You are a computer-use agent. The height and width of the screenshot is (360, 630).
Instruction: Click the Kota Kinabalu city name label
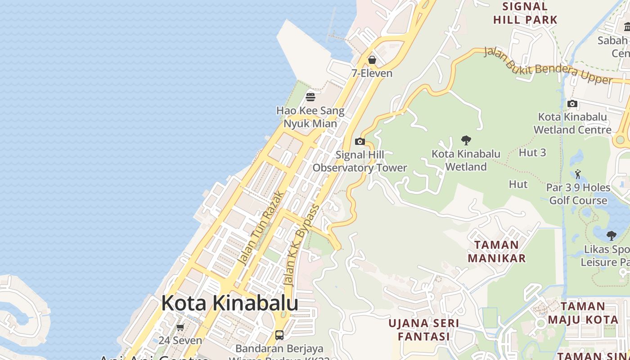[229, 303]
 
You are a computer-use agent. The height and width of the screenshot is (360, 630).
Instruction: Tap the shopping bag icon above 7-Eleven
[372, 60]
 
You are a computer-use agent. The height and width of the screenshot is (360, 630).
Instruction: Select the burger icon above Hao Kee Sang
[310, 97]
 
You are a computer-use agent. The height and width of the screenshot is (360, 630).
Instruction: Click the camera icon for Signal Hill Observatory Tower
[360, 142]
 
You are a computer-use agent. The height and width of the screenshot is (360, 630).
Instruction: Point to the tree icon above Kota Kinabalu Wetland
[466, 140]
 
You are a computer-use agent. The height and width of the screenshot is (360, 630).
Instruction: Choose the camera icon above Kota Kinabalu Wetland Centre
[572, 104]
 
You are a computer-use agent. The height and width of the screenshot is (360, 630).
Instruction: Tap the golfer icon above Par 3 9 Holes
[578, 174]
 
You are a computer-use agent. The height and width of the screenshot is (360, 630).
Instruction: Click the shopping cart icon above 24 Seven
[180, 327]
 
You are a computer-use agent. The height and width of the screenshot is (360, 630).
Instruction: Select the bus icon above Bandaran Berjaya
[279, 335]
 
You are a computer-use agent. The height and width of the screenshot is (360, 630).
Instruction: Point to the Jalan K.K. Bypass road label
[302, 245]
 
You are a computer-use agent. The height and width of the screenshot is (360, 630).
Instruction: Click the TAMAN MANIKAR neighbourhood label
[497, 252]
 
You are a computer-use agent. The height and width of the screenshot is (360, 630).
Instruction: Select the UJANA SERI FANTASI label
[424, 330]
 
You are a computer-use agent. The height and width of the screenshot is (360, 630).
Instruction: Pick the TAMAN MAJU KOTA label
[583, 313]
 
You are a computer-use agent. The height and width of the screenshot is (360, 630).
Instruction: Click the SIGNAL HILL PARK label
[525, 13]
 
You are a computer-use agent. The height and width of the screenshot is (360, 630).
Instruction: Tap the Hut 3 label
[532, 153]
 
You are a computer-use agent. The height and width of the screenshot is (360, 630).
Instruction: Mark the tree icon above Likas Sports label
[611, 235]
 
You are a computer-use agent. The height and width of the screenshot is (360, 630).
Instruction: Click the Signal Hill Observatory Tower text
[360, 162]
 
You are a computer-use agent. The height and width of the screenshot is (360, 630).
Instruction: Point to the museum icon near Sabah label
[627, 27]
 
